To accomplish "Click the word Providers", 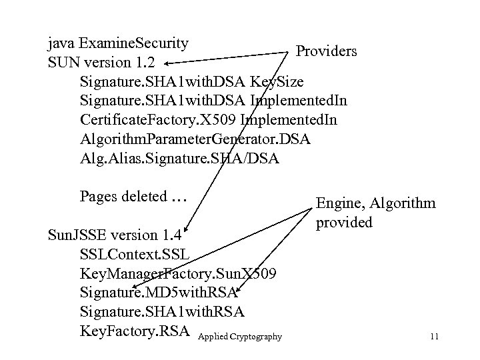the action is (326, 51).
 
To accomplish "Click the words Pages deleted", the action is (123, 197).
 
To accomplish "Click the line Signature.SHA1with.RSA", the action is (161, 311).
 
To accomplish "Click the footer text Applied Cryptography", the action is (240, 337).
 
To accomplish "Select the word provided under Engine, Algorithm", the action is (344, 223).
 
